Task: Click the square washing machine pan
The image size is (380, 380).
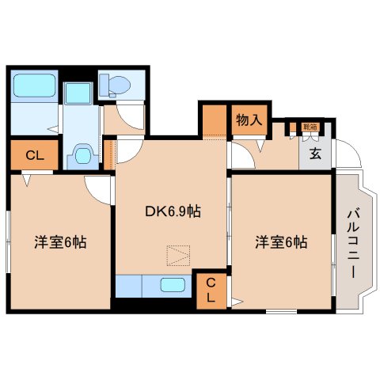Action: (78, 93)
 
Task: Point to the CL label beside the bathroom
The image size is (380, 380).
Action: (33, 156)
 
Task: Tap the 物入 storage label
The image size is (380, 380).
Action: (249, 120)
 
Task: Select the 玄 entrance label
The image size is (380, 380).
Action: (315, 154)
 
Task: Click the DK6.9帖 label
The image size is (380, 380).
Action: (172, 211)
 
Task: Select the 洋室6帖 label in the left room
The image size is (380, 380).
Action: (59, 241)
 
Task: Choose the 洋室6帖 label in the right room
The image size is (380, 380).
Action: (281, 241)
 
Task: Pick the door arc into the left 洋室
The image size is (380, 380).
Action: (99, 188)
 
